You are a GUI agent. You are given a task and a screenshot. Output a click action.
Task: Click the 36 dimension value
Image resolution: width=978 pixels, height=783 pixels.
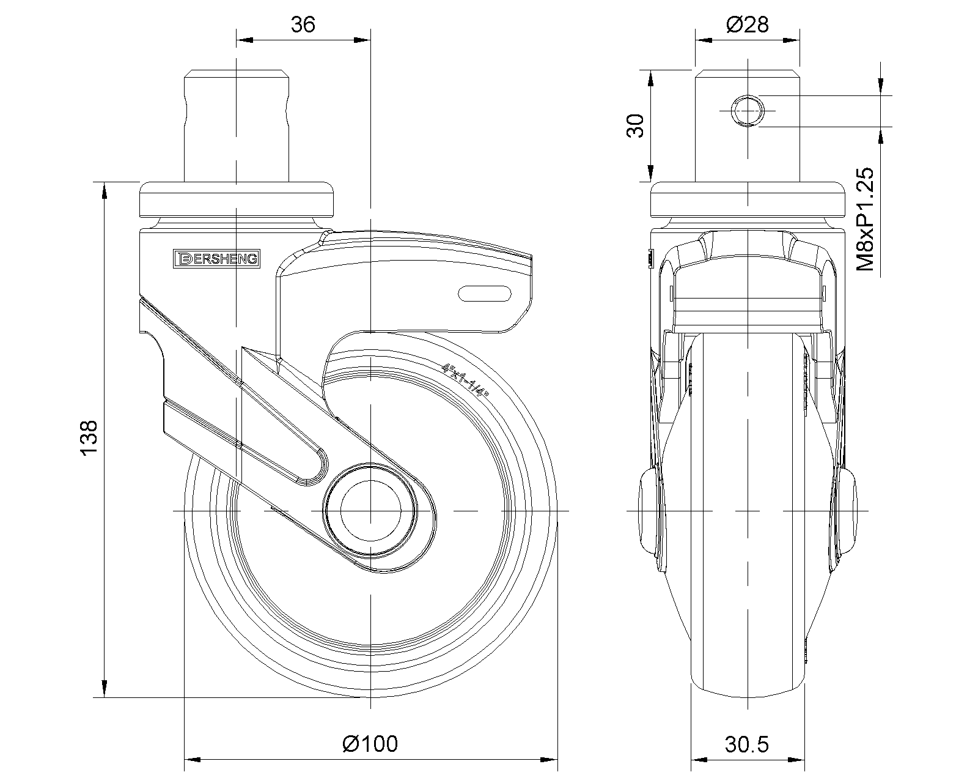(303, 24)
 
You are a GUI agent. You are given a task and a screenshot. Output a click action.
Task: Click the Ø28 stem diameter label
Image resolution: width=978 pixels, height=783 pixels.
(747, 24)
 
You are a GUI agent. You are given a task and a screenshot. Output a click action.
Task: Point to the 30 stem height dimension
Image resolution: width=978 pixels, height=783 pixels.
(635, 126)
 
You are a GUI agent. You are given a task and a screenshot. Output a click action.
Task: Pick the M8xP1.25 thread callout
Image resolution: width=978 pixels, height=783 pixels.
(865, 219)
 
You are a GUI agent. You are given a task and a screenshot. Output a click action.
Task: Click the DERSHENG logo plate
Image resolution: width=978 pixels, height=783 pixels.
(216, 258)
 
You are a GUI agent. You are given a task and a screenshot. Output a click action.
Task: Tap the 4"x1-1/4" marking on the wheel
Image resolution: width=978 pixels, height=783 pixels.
(465, 380)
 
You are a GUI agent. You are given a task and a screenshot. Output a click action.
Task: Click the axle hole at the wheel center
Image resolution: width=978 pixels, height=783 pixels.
(370, 511)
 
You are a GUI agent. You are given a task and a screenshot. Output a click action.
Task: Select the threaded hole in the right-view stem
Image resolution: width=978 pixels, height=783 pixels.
(747, 111)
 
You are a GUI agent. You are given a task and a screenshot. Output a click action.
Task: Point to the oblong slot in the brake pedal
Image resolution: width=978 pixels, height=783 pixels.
(485, 294)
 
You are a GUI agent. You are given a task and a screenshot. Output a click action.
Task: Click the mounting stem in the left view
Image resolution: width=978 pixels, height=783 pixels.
(237, 126)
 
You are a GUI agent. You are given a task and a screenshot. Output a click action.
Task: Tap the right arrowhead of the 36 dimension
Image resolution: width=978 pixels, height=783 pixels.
(362, 40)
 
